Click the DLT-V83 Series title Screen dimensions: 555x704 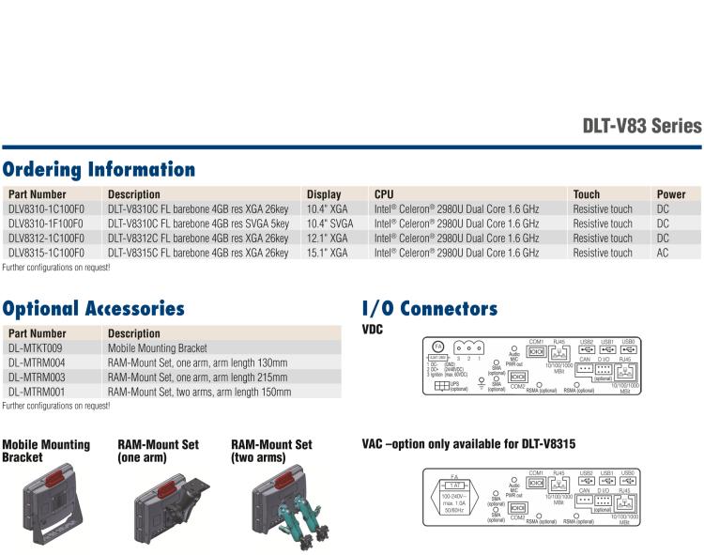pyautogui.click(x=641, y=126)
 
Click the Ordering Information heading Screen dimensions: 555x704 pyautogui.click(x=99, y=170)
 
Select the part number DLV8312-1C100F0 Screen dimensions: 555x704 pyautogui.click(x=46, y=239)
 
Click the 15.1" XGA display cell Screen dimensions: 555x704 pyautogui.click(x=327, y=253)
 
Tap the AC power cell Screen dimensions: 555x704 pyautogui.click(x=663, y=253)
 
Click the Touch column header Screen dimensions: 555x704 pyautogui.click(x=587, y=194)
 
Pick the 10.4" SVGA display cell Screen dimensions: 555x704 pyautogui.click(x=329, y=224)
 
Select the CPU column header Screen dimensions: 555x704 pyautogui.click(x=384, y=194)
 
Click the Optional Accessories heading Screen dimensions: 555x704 pyautogui.click(x=93, y=308)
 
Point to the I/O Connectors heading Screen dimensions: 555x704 pyautogui.click(x=429, y=308)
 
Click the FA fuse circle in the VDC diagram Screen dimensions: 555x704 pyautogui.click(x=437, y=347)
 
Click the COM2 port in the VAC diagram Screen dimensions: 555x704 pyautogui.click(x=517, y=506)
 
